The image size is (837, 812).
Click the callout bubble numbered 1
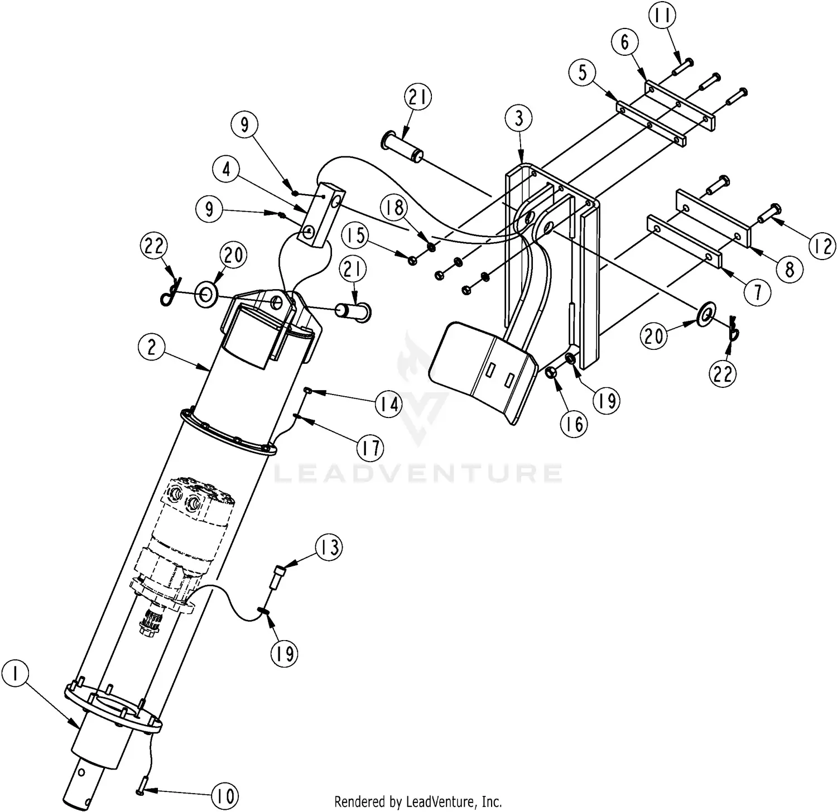coord(16,675)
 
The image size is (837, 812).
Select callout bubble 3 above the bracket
coord(519,118)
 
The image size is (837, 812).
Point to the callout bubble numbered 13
coord(330,547)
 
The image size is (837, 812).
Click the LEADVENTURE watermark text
coord(419,473)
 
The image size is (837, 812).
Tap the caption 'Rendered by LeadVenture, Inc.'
coord(418,802)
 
